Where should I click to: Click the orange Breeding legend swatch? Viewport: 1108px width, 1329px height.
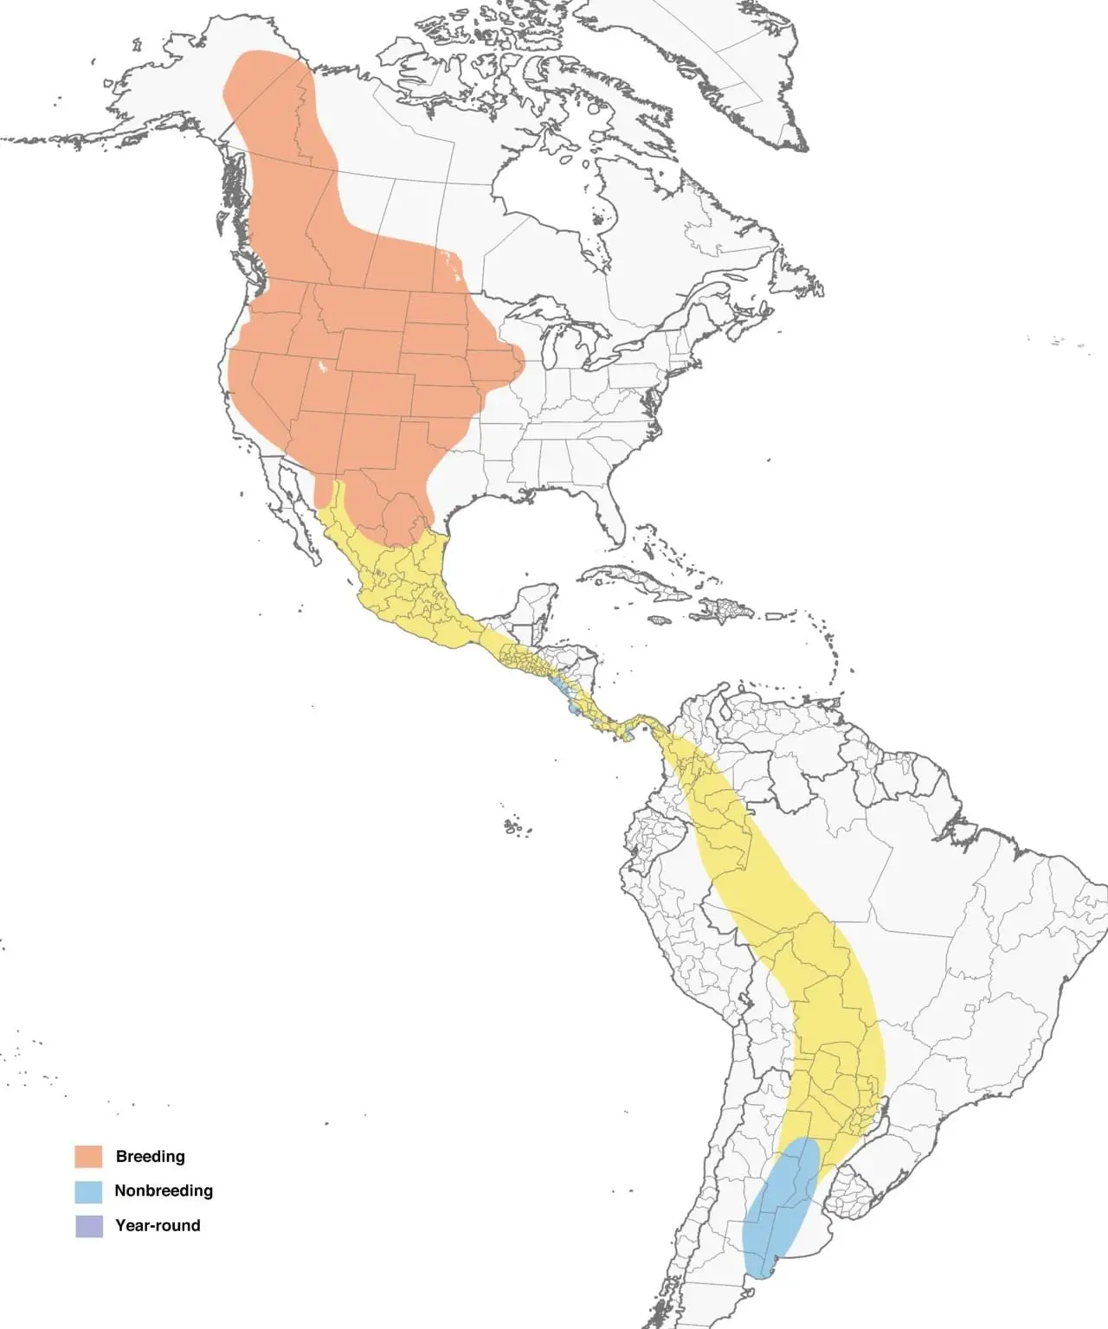[x=88, y=1156]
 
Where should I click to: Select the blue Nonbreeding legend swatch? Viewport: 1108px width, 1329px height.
[x=88, y=1191]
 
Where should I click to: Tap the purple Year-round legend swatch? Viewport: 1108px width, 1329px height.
[x=88, y=1226]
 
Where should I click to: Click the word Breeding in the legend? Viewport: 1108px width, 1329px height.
[x=150, y=1156]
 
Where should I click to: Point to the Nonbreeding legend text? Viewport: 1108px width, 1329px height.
[x=164, y=1191]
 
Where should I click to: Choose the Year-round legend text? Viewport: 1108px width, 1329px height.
[x=158, y=1226]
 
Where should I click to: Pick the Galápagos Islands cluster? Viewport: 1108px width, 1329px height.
[x=514, y=827]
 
